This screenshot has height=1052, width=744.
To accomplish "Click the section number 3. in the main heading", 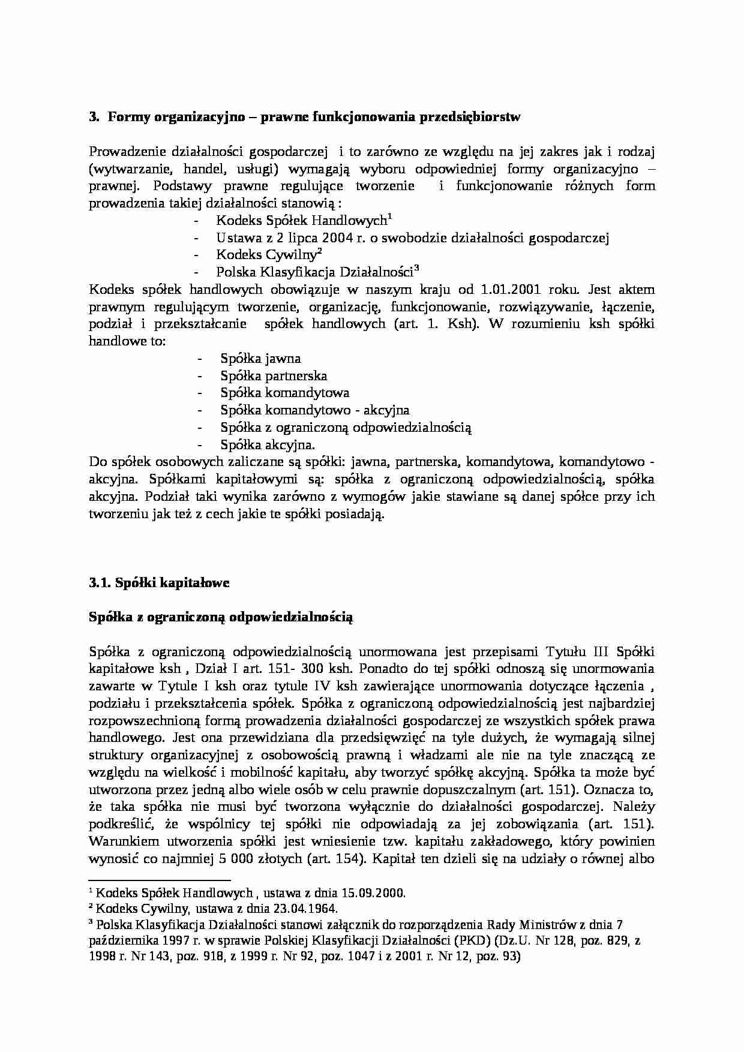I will (x=94, y=118).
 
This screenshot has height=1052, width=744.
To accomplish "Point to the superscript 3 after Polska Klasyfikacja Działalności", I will (x=416, y=268).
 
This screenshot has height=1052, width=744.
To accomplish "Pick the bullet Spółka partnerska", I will (x=274, y=376).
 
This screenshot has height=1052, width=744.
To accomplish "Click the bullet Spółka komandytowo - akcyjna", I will (x=314, y=410).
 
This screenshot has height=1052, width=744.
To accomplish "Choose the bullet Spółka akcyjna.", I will (x=267, y=445).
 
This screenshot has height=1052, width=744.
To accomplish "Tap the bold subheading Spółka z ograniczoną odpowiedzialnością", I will (x=221, y=617).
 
